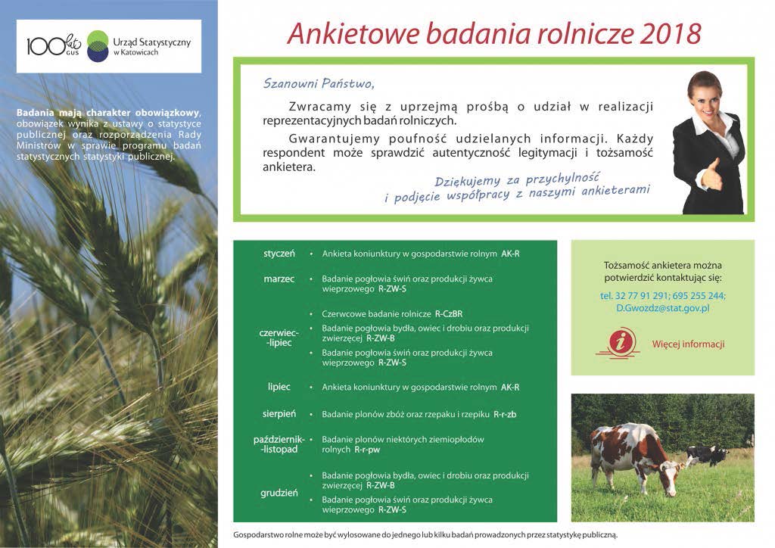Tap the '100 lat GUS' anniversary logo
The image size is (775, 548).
click(x=54, y=45)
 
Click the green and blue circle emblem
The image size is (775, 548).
click(x=98, y=46)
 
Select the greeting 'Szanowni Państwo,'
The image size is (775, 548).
click(x=319, y=83)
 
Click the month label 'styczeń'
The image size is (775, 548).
click(x=279, y=254)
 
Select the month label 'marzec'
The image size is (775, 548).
click(x=279, y=279)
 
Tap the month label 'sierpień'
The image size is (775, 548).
click(x=279, y=414)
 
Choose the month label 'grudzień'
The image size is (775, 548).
click(x=279, y=493)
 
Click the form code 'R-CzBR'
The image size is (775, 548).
click(x=449, y=314)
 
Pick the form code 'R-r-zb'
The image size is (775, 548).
click(x=505, y=414)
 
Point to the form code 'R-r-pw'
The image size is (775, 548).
click(x=367, y=450)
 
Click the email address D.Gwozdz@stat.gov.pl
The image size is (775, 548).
click(x=662, y=308)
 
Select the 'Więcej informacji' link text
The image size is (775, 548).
click(x=688, y=344)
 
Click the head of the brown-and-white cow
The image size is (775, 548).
click(x=672, y=477)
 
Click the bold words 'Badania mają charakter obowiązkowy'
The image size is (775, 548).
click(x=108, y=113)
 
